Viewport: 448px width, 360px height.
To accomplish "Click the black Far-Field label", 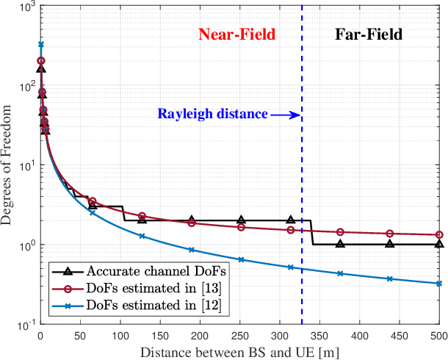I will pos(369,35).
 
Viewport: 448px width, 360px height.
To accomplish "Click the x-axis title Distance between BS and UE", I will pos(239,351).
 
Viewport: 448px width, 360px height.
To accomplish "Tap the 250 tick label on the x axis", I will pos(239,335).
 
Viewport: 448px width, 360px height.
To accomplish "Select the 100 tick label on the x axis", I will pos(120,335).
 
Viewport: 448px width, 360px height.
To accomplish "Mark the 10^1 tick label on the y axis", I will pos(24,166).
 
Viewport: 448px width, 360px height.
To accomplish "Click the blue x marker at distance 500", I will pos(439,284).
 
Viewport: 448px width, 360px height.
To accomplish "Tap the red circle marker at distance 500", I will pos(439,235).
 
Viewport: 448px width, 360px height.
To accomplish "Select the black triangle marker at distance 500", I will pos(439,244).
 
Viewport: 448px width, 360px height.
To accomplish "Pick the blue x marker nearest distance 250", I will pos(241,259).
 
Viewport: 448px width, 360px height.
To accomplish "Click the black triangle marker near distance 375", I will pos(340,243).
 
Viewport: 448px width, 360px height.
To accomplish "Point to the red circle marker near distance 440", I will pos(390,234).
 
